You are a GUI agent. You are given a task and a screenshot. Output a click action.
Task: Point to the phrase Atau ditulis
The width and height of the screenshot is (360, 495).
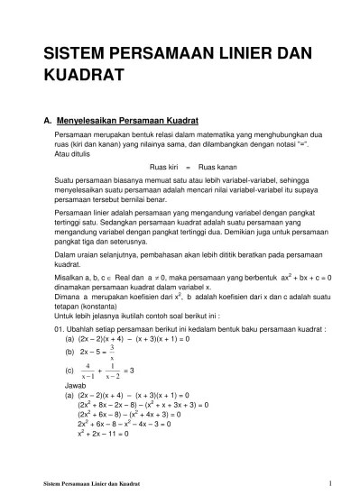pyautogui.click(x=73, y=154)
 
